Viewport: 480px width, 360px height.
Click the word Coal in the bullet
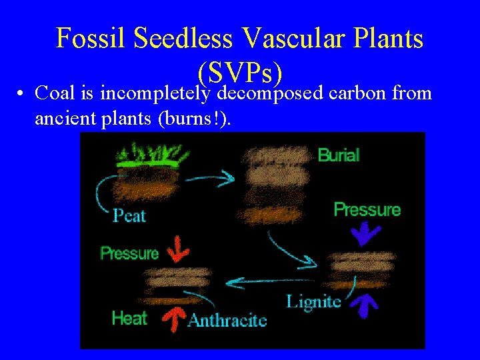(x=55, y=93)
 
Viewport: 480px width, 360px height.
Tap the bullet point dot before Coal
(x=22, y=93)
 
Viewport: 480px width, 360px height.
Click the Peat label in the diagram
(x=129, y=215)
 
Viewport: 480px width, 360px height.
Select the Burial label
(x=339, y=155)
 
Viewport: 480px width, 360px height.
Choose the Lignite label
(x=313, y=301)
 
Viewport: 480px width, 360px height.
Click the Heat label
(x=129, y=318)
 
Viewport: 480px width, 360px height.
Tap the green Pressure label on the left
(x=129, y=253)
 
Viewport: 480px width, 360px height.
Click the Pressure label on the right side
(x=367, y=209)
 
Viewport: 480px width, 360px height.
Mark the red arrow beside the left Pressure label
(x=177, y=248)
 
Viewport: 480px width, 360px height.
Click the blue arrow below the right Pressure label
(x=366, y=233)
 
